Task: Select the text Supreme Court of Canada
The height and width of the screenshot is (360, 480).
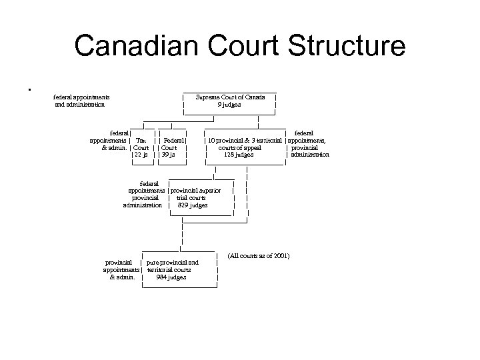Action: [x=230, y=97]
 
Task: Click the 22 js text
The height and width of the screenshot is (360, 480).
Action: [x=142, y=155]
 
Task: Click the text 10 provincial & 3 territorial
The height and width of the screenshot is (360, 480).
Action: [x=246, y=141]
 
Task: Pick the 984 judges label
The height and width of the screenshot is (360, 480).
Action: [x=171, y=277]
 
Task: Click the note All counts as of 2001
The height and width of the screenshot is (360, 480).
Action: [x=259, y=256]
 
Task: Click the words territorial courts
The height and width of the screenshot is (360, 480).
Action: [x=169, y=270]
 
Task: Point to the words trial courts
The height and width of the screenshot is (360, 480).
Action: [x=191, y=198]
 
